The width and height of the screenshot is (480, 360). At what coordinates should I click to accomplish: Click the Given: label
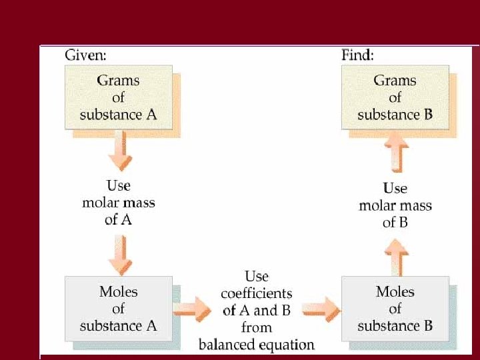[x=85, y=54]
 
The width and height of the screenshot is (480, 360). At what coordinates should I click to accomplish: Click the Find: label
[x=357, y=54]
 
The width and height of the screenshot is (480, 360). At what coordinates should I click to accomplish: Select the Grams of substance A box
[x=118, y=97]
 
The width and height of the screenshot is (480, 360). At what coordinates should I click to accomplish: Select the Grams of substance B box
[x=395, y=97]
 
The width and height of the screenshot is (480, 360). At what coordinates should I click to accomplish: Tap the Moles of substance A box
[x=118, y=308]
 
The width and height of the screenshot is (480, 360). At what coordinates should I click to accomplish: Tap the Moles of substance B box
[x=395, y=308]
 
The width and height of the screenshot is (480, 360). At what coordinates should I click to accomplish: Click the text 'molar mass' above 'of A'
[x=118, y=202]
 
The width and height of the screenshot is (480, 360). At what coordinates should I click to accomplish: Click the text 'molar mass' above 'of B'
[x=395, y=205]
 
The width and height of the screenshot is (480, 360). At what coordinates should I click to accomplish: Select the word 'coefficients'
[x=257, y=293]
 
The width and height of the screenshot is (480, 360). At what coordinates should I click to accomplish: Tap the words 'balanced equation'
[x=257, y=345]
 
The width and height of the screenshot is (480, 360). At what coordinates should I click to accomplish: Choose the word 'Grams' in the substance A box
[x=118, y=81]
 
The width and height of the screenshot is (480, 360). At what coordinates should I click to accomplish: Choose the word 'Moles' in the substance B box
[x=395, y=291]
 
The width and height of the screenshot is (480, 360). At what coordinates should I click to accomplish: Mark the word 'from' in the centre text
[x=257, y=327]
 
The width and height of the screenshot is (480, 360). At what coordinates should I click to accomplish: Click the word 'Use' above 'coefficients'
[x=257, y=276]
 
